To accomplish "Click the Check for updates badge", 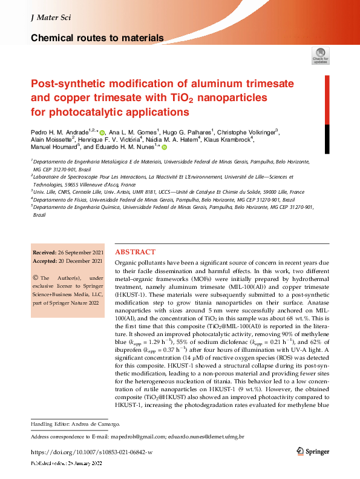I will pyautogui.click(x=320, y=55).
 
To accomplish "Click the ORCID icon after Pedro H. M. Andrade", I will pyautogui.click(x=102, y=133).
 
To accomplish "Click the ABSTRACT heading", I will pyautogui.click(x=135, y=252).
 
